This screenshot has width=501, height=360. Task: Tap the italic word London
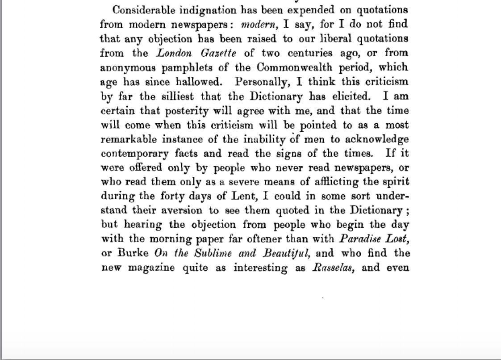pos(175,53)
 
